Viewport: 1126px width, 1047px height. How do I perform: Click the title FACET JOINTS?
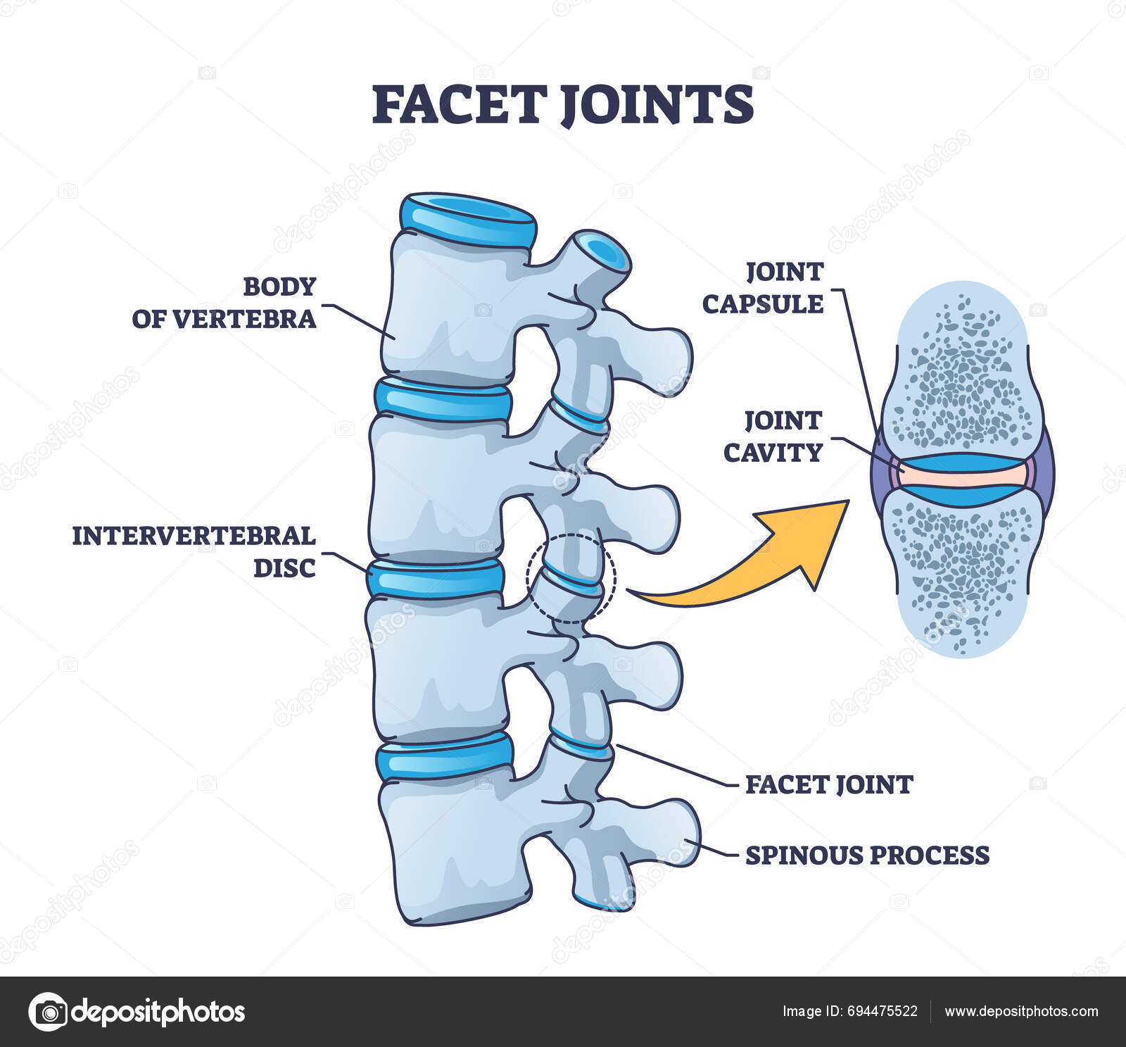point(562,104)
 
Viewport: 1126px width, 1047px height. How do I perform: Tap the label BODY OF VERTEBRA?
point(224,303)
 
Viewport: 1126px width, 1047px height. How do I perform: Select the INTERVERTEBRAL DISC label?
point(194,551)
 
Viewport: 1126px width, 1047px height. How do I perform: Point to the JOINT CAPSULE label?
point(763,288)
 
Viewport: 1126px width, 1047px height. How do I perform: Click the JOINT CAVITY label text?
point(773,437)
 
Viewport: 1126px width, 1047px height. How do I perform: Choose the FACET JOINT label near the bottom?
point(829,784)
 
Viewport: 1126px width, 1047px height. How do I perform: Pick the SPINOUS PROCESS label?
point(867,855)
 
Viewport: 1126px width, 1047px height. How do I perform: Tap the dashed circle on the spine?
point(571,578)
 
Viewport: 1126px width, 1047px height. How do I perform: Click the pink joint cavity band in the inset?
point(961,477)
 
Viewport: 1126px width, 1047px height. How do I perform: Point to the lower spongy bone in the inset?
point(961,570)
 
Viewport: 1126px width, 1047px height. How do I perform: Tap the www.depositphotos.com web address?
point(1021,1012)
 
